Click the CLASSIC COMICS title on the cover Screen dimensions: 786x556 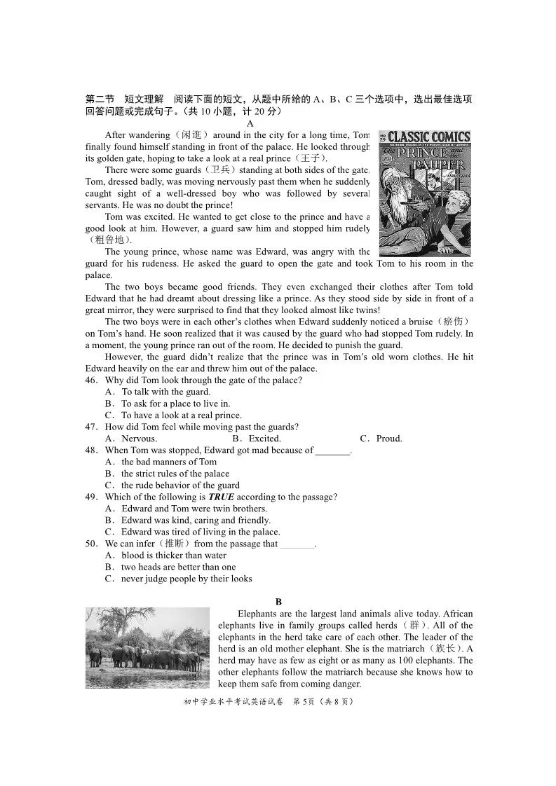click(425, 137)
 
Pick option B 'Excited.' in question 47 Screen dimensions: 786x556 click(261, 439)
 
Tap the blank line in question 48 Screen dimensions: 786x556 click(332, 451)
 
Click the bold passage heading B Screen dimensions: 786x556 click(278, 602)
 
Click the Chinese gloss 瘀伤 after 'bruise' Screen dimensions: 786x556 click(457, 322)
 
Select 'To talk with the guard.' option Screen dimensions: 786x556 click(165, 392)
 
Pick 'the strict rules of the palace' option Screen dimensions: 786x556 click(175, 474)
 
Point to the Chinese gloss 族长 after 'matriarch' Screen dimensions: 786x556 click(449, 649)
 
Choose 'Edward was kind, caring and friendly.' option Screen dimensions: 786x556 click(196, 520)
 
